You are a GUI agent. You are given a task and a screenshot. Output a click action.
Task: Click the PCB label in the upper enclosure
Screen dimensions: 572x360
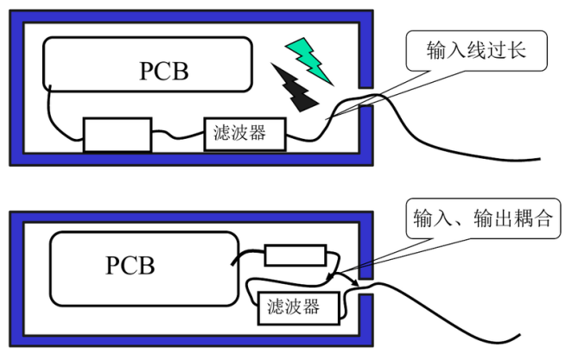pos(164,71)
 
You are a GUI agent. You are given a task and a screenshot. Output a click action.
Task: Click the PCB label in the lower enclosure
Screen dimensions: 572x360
pos(130,265)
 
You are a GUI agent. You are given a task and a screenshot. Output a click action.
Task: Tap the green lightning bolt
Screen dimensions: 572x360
pos(309,60)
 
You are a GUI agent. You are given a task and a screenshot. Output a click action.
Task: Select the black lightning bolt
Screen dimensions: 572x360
pos(295,87)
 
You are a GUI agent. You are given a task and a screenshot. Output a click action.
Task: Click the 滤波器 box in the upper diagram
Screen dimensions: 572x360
pos(245,134)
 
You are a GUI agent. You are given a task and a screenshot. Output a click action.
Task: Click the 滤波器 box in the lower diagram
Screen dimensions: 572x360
pos(299,308)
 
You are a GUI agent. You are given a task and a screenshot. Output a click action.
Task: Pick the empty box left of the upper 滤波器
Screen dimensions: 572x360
pos(118,135)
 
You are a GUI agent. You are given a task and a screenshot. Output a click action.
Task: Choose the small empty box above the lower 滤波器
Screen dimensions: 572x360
pos(296,256)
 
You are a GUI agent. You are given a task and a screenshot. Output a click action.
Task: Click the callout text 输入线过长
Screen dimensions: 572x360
pos(476,50)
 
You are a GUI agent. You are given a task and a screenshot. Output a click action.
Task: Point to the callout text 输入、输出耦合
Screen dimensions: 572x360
pos(483,218)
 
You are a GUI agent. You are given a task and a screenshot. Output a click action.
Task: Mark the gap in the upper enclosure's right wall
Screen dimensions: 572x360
pos(366,97)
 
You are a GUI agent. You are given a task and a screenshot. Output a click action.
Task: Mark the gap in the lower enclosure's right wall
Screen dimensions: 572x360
pos(366,287)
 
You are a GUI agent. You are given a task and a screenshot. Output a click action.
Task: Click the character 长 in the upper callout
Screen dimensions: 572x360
pos(517,50)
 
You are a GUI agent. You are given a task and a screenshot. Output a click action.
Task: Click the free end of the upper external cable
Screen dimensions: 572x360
pos(539,159)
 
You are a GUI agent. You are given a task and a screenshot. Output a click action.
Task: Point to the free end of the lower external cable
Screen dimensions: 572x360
pos(519,335)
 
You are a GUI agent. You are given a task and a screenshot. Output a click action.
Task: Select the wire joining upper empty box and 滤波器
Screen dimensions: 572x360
pos(178,136)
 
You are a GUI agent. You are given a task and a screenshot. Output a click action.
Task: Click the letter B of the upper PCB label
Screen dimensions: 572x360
pos(181,71)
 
